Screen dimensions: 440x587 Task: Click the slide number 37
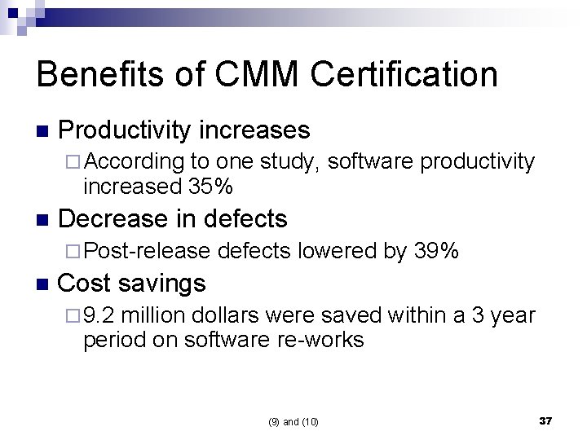click(x=545, y=420)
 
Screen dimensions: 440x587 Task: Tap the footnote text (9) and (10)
click(x=293, y=421)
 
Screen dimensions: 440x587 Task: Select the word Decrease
click(x=114, y=218)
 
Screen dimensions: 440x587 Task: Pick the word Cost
click(x=86, y=284)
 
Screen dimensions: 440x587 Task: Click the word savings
click(x=162, y=284)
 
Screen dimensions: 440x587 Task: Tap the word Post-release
click(x=147, y=251)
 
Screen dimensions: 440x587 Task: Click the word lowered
click(x=336, y=251)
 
